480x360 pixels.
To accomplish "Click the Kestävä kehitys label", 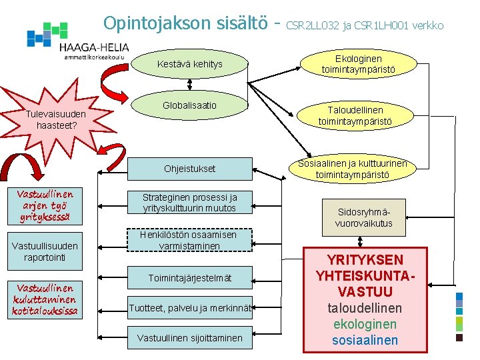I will click(189, 64).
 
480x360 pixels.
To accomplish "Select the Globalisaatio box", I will click(189, 105).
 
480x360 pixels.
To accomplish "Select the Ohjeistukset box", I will click(189, 169).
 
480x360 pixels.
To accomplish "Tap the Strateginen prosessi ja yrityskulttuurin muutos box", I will click(189, 203).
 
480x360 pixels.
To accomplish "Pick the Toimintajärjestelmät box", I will click(189, 277).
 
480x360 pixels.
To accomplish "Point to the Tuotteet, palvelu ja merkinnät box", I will click(189, 307).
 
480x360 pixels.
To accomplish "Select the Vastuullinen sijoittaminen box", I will click(189, 338).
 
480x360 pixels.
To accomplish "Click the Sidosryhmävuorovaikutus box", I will click(363, 217).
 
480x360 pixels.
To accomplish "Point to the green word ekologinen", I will click(365, 325).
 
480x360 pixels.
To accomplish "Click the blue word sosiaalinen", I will click(365, 341).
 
